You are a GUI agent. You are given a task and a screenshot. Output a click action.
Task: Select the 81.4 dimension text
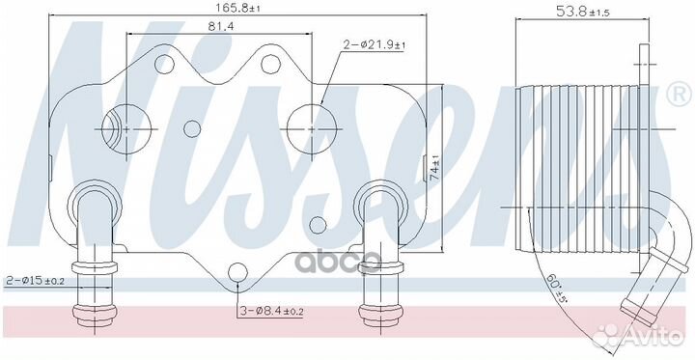(221, 26)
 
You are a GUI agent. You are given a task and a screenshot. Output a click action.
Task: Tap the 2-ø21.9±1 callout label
(375, 44)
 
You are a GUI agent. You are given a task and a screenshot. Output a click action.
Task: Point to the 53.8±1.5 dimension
(582, 12)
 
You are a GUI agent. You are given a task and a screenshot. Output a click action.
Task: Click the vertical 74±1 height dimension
(434, 168)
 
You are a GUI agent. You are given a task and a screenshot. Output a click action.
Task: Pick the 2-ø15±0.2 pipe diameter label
(35, 281)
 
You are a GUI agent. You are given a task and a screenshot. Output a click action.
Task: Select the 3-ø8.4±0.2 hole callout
(270, 311)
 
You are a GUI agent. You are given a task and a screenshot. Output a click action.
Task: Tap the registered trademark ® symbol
(679, 96)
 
